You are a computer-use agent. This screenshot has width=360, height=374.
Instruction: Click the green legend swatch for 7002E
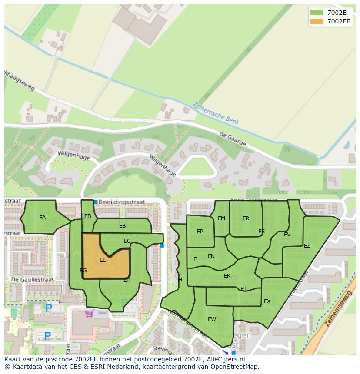click(317, 12)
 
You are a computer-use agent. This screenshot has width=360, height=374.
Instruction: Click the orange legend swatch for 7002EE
click(317, 21)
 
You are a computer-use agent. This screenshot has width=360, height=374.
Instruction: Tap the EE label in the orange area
click(103, 260)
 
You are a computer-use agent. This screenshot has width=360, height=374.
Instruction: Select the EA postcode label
click(42, 218)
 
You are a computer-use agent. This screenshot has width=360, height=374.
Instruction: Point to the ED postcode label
click(88, 216)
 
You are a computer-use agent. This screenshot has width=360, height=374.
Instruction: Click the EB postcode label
click(122, 226)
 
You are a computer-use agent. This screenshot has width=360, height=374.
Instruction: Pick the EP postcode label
click(200, 232)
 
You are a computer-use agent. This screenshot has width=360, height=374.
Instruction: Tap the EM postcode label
click(222, 218)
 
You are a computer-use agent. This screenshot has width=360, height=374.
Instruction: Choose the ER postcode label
click(246, 218)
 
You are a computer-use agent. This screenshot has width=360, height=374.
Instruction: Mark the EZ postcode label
click(307, 246)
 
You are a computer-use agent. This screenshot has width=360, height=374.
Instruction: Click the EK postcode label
click(227, 276)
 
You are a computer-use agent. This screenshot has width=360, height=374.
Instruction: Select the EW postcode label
click(212, 319)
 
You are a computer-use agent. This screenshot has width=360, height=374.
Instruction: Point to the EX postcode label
click(267, 301)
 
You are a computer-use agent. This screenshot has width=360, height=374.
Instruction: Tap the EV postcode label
click(287, 235)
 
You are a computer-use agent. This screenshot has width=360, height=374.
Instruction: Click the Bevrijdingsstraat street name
click(121, 202)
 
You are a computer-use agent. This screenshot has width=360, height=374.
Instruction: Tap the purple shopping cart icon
click(90, 313)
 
